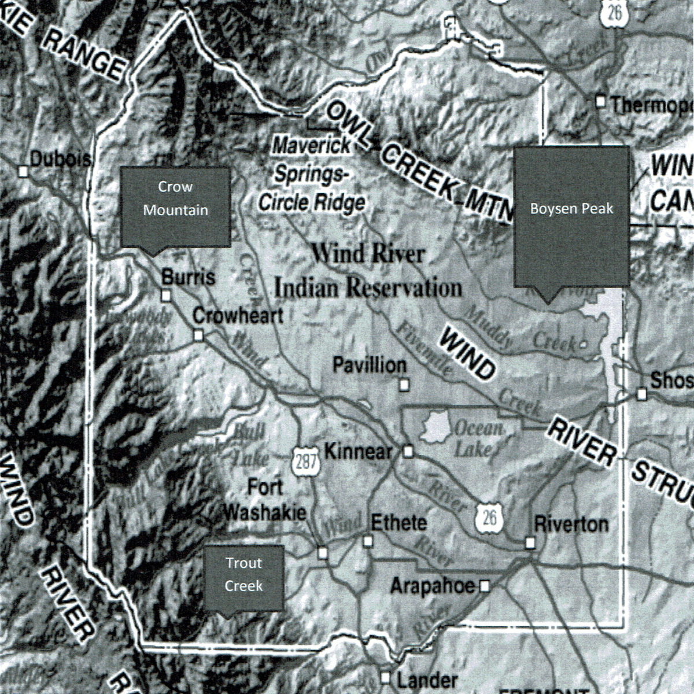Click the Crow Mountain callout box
(x=175, y=206)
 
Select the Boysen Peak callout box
(x=571, y=216)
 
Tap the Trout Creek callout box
(x=243, y=577)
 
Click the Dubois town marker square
(x=24, y=171)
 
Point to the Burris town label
(x=188, y=277)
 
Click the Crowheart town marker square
(x=198, y=335)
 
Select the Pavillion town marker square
(x=405, y=383)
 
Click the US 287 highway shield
(x=305, y=461)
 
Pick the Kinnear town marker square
(x=408, y=451)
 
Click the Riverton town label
(x=571, y=524)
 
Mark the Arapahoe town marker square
(x=485, y=586)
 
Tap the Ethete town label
(x=398, y=523)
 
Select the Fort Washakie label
(x=265, y=500)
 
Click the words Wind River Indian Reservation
(x=368, y=271)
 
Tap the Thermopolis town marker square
(x=601, y=102)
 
